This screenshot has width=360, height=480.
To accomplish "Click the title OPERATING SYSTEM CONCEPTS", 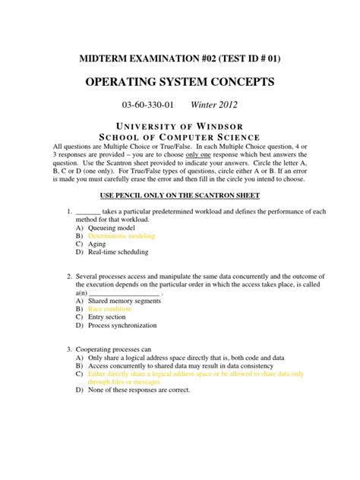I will [x=180, y=82].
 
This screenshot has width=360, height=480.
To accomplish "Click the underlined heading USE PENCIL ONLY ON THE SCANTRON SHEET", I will [x=180, y=195].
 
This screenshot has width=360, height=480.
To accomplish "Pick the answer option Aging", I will [x=96, y=245].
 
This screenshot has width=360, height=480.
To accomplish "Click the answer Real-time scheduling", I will [x=119, y=254].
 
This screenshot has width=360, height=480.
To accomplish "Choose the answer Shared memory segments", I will [x=126, y=302].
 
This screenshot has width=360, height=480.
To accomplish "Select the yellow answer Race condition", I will [x=111, y=310].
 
